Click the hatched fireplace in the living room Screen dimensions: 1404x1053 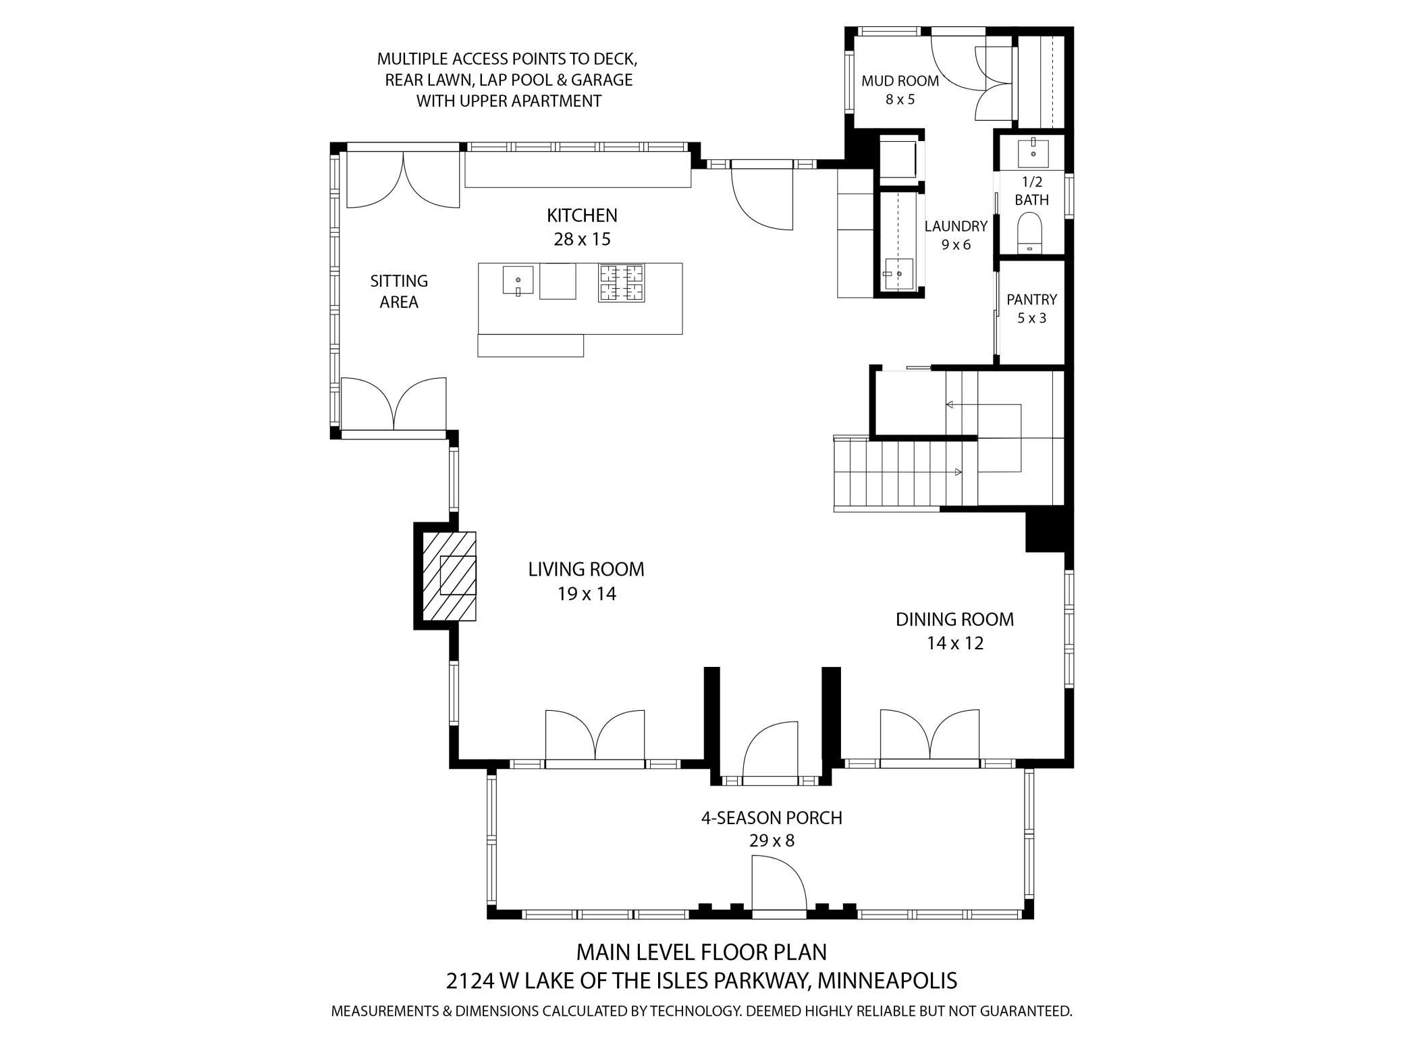(449, 576)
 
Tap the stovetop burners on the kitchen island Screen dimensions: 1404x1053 (621, 282)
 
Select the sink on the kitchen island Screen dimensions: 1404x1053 (518, 280)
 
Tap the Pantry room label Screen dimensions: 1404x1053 (1031, 299)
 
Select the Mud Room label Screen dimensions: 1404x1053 (900, 81)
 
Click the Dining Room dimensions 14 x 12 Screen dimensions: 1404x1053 (954, 643)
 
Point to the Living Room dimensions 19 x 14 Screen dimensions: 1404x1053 (587, 594)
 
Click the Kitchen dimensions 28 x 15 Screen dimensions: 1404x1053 (582, 239)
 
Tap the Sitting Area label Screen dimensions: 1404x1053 (399, 291)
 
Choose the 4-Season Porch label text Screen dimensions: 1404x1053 (772, 818)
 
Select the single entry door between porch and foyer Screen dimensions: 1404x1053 (770, 750)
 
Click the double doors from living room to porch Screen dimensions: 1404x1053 (595, 736)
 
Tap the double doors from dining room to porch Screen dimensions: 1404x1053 (929, 736)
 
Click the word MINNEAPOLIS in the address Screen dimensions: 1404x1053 (887, 981)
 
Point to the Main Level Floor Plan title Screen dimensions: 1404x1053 (701, 952)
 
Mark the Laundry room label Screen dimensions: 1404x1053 (956, 226)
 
